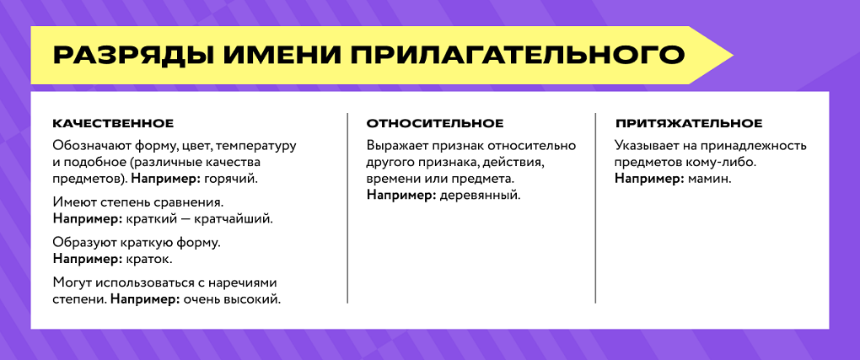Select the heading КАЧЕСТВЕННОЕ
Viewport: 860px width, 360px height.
coord(113,124)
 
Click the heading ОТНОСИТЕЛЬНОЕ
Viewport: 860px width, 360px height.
coord(435,124)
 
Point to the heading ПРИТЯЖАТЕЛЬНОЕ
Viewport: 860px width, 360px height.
coord(689,124)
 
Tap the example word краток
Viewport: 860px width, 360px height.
coord(148,259)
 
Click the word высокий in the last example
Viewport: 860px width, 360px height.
coord(255,298)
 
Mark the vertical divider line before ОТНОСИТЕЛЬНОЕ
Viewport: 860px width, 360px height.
coord(347,207)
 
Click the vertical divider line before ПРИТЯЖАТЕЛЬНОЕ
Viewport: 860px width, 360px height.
coord(595,207)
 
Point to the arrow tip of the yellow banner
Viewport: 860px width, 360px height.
coord(730,56)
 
